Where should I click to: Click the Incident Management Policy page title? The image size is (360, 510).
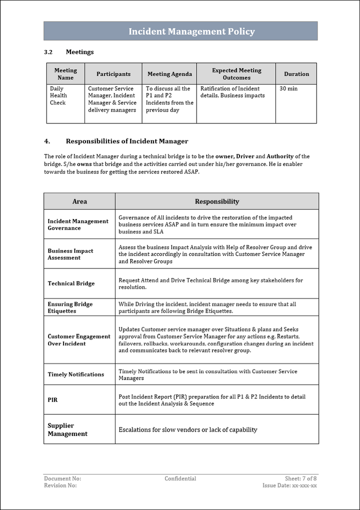(191, 31)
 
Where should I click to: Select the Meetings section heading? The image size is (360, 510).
(79, 52)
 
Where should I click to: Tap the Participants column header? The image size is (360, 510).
(113, 74)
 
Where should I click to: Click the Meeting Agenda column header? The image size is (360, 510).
(169, 74)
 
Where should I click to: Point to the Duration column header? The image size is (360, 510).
(296, 74)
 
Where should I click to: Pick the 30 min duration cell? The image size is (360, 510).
(288, 88)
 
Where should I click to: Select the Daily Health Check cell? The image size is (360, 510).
(58, 95)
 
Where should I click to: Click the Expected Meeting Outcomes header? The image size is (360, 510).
(236, 74)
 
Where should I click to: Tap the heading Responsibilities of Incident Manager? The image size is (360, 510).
(127, 141)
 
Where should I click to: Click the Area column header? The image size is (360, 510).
(79, 201)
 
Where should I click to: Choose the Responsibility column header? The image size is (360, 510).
(216, 201)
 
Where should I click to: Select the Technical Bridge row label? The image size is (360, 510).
(71, 283)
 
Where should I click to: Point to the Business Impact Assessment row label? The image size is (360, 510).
(70, 254)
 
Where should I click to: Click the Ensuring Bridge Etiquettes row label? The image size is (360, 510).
(70, 307)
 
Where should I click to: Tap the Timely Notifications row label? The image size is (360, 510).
(76, 374)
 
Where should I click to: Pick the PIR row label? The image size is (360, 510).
(52, 400)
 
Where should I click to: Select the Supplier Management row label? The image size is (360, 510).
(67, 429)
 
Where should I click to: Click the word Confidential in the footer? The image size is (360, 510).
(180, 478)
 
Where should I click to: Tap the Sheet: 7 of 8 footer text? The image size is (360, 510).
(300, 478)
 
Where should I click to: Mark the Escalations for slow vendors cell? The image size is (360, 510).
(187, 429)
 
